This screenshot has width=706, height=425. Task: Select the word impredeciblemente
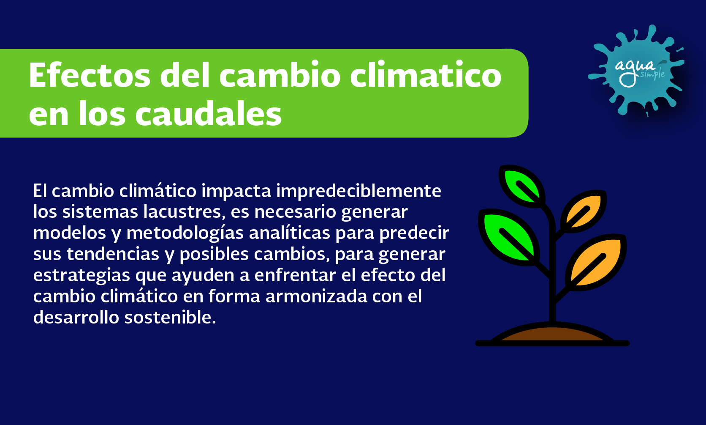358,191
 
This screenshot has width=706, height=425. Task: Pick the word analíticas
289,233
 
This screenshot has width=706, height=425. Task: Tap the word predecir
414,233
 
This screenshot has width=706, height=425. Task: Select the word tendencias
113,254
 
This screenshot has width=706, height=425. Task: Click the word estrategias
81,275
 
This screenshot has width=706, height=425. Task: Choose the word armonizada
316,296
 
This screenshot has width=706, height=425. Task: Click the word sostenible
170,317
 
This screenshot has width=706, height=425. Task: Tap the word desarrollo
76,317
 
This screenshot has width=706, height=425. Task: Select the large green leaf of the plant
508,237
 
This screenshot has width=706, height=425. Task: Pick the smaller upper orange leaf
584,211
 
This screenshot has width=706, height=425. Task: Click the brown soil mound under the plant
552,334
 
